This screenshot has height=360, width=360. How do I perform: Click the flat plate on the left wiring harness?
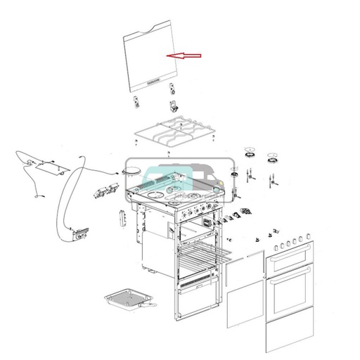[x=49, y=166]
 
